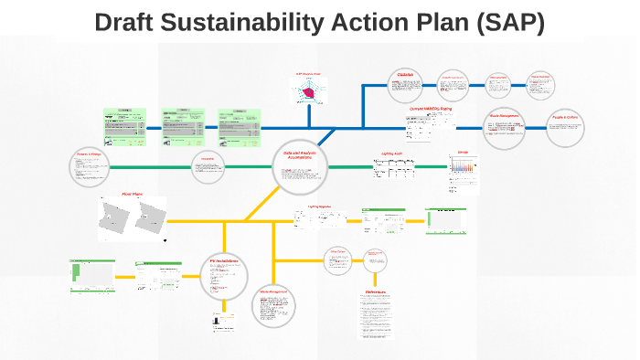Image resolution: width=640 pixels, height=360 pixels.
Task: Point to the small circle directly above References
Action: click(x=375, y=259)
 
